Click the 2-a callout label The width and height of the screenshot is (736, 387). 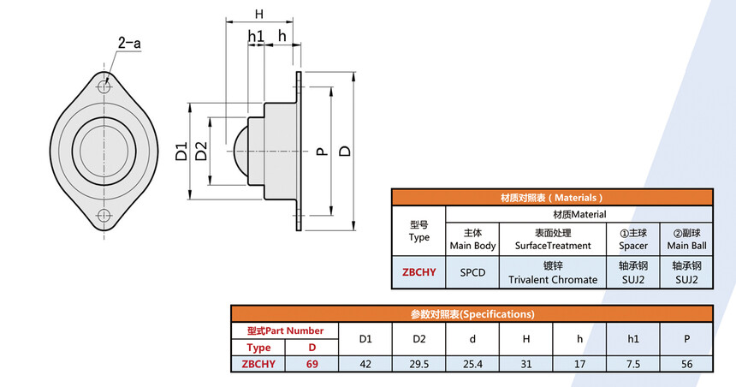[129, 44]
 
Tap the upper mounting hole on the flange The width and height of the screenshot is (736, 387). [104, 86]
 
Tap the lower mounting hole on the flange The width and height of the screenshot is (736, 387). [104, 216]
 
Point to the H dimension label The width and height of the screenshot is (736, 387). [259, 15]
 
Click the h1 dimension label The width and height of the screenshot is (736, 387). [256, 36]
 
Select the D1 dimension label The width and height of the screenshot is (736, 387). [181, 152]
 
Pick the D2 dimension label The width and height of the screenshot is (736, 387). [201, 152]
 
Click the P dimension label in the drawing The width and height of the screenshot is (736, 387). [322, 152]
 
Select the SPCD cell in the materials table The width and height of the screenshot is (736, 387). [472, 272]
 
